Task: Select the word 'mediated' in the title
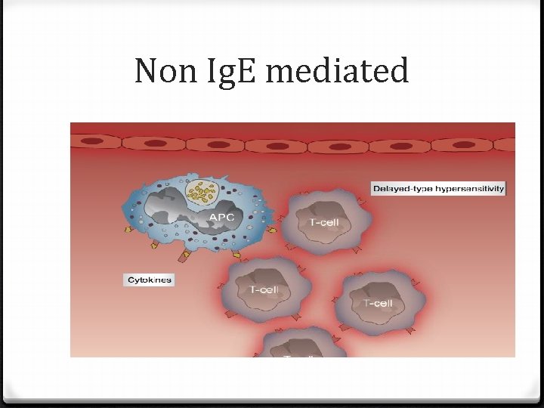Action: [337, 72]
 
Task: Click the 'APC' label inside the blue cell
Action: [221, 218]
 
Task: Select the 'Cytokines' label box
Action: [149, 280]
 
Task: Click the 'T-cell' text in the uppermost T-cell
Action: [324, 223]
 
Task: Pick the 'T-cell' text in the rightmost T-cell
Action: [377, 303]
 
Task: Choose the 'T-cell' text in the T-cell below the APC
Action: [264, 290]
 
